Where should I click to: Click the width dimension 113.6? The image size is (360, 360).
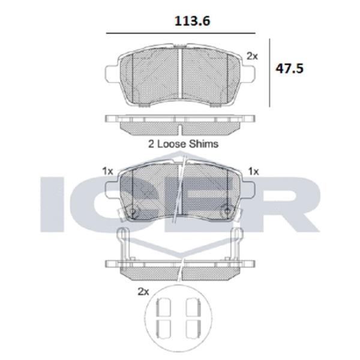tap(181, 21)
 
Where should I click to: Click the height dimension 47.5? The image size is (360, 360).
tap(289, 68)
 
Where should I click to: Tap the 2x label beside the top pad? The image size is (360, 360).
tap(252, 56)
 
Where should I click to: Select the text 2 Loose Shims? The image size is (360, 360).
tap(183, 144)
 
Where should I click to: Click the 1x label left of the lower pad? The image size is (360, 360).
tap(108, 171)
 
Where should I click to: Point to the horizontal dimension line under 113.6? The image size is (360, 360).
tap(180, 33)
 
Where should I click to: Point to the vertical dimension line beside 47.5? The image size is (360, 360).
tap(269, 72)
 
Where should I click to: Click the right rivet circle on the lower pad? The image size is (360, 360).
tap(227, 211)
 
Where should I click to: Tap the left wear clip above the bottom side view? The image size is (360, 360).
tap(124, 243)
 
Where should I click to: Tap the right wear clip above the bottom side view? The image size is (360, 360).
tap(237, 243)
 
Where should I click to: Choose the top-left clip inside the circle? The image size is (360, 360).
tap(163, 308)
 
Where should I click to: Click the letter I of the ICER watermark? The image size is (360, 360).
tap(52, 204)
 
